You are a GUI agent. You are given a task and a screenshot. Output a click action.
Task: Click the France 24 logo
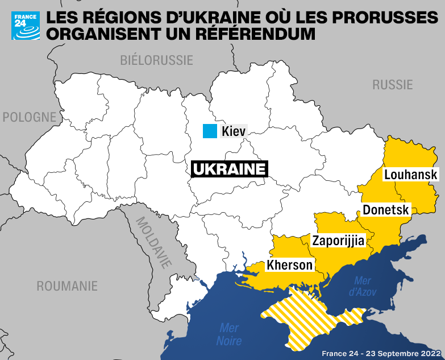[x=26, y=26]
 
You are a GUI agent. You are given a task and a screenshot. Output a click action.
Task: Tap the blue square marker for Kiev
[x=210, y=131]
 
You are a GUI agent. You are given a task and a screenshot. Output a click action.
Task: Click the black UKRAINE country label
[x=229, y=169]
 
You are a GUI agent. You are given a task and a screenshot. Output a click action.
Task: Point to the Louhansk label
[x=411, y=175]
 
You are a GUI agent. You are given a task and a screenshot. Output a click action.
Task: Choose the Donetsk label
[x=386, y=210]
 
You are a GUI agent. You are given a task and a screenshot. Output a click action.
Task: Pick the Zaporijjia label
[x=338, y=241]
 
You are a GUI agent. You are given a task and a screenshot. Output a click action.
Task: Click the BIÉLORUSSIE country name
[x=157, y=60]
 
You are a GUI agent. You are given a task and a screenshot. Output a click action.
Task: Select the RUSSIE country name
[x=392, y=85]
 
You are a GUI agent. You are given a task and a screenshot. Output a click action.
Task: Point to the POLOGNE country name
[x=30, y=117]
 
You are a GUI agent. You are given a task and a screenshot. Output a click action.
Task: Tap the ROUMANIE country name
[x=67, y=286]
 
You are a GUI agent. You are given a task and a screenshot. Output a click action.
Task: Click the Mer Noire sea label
[x=228, y=335]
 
